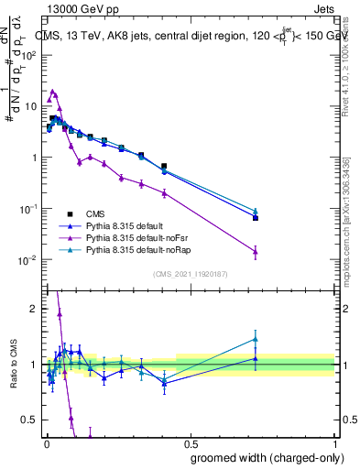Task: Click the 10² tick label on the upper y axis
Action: coord(29,54)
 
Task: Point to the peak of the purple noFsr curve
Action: coord(53,92)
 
